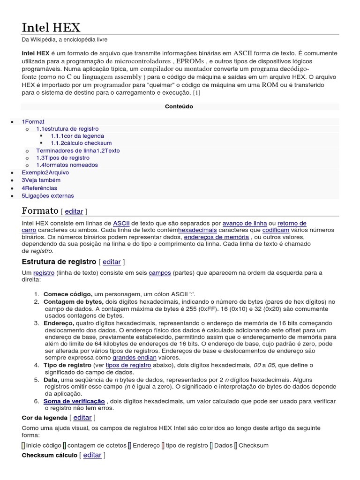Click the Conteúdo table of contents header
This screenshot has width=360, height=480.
coord(179,106)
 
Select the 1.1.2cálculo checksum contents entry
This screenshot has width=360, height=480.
coord(81,143)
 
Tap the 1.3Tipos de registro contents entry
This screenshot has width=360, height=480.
coord(63,158)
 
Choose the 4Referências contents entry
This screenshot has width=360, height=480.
coord(39,188)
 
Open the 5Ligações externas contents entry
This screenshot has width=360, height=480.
coord(48,196)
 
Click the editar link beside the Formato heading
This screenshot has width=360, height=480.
coord(74,211)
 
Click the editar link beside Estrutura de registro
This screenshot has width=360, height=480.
coord(112,262)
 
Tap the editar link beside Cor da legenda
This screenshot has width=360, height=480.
coord(82,417)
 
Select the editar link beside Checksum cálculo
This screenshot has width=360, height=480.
coord(92,455)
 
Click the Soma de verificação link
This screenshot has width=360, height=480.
coord(74,401)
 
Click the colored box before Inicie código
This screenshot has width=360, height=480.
coord(23,445)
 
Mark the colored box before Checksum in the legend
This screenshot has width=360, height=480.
coord(236,445)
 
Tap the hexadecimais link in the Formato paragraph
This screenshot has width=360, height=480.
coord(197,230)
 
